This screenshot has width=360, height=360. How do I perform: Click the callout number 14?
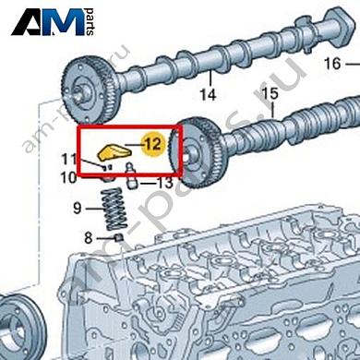click(x=208, y=94)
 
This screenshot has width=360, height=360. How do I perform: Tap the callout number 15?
click(x=270, y=93)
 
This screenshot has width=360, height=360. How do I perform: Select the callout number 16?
click(x=332, y=64)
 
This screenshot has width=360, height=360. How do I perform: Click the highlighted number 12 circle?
click(x=153, y=144)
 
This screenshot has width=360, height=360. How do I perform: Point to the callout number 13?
click(x=165, y=184)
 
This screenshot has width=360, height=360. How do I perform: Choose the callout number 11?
click(x=69, y=159)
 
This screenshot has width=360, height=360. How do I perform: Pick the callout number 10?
click(x=68, y=177)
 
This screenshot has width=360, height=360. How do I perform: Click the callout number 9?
click(x=78, y=209)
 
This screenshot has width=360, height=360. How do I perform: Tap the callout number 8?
click(x=89, y=238)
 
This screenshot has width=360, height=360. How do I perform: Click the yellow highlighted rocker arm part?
click(x=113, y=152)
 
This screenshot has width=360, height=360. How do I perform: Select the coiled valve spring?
click(x=114, y=209)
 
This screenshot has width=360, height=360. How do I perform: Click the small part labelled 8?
click(x=119, y=237)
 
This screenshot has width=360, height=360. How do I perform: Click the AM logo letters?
click(x=48, y=21)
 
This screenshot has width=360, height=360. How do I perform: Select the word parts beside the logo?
click(x=90, y=22)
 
